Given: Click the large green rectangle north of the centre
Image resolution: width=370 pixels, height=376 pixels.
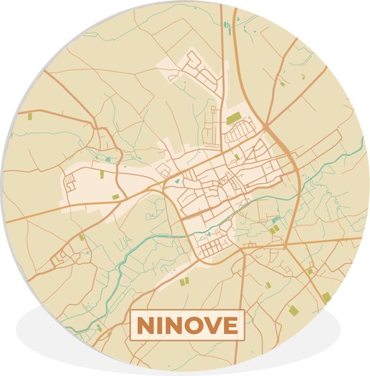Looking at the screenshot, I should point(234,119).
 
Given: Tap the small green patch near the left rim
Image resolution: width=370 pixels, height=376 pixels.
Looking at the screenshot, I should point(30,117).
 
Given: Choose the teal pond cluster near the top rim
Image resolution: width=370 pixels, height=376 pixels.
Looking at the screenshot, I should point(227,26).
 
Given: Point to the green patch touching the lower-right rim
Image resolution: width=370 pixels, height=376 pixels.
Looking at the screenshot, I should point(326,296).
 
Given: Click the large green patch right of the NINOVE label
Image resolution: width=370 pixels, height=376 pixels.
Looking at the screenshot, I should point(293,309).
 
